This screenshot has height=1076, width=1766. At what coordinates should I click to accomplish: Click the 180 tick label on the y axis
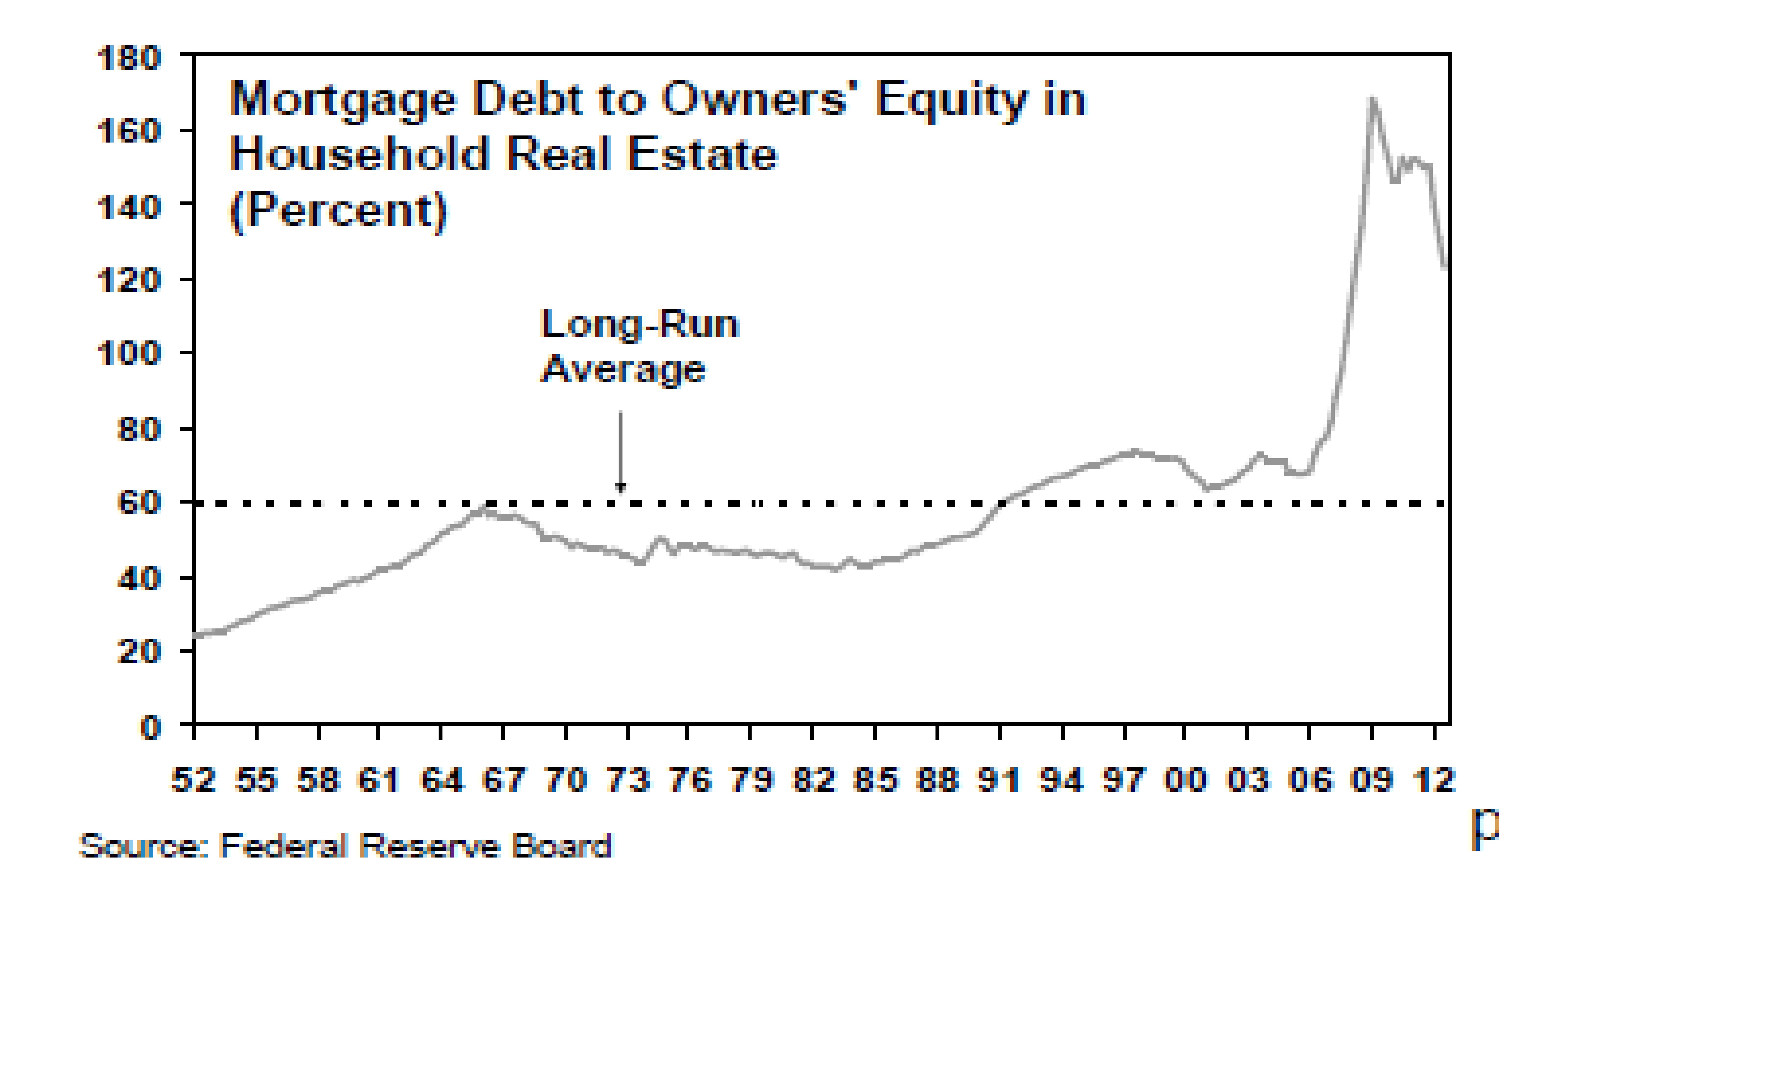(x=129, y=58)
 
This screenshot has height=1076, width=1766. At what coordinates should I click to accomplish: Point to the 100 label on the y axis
(x=129, y=353)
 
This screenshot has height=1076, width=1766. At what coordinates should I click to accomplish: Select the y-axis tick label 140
(x=129, y=208)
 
